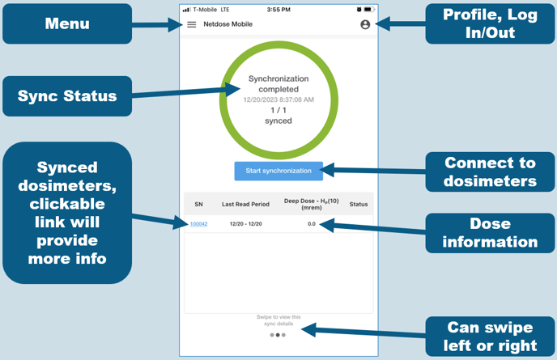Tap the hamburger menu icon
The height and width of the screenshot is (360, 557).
pos(192,24)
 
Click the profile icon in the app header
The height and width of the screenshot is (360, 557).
pos(365,24)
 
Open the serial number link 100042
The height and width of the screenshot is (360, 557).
pos(198,223)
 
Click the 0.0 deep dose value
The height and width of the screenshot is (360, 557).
pos(312,223)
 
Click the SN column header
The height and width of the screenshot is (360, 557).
pos(198,204)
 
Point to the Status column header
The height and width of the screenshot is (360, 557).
pos(358,204)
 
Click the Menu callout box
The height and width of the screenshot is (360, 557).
pos(67,23)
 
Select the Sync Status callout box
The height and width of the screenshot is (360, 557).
pos(67,96)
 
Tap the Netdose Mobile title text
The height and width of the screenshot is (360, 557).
pos(227,24)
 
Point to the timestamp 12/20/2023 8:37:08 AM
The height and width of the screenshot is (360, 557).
pos(278,100)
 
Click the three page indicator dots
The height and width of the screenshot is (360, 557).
pos(278,334)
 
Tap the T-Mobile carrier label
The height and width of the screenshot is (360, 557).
pos(206,9)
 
